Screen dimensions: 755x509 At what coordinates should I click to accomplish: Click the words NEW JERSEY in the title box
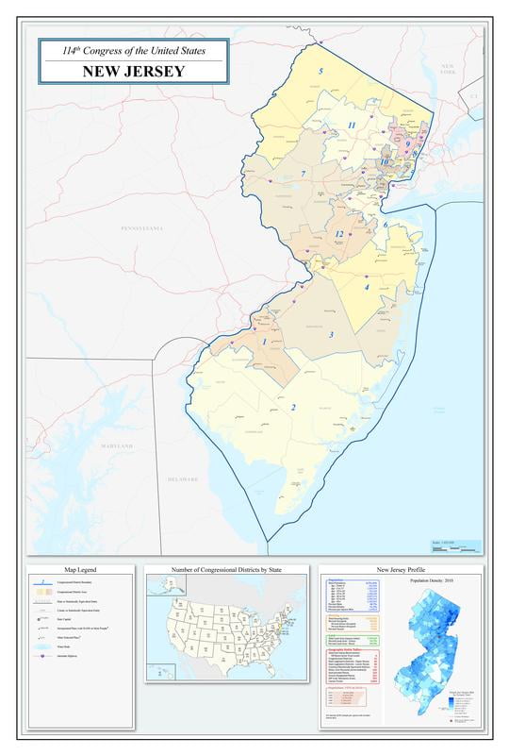click(132, 71)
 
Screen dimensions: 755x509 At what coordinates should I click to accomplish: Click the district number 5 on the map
click(320, 72)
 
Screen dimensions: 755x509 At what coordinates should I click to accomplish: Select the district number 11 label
click(351, 126)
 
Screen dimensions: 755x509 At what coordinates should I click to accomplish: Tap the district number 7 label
click(303, 174)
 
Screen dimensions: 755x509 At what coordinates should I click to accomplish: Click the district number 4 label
click(367, 287)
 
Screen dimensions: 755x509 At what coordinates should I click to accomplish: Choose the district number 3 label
click(331, 335)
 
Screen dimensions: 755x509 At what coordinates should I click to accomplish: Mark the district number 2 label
click(293, 408)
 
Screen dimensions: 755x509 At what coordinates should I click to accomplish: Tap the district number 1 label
click(265, 342)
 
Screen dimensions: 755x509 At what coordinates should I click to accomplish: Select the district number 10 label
click(385, 162)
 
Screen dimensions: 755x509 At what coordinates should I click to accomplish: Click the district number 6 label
click(386, 225)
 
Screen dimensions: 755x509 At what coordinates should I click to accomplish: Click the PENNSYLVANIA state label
click(142, 228)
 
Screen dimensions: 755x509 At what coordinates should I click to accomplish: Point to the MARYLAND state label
click(118, 445)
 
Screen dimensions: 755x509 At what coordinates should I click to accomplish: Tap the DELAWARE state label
click(183, 479)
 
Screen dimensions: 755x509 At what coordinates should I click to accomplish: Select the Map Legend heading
click(80, 570)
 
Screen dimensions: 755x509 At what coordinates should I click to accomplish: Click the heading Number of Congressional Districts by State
click(226, 570)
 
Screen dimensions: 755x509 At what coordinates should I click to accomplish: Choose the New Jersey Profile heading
click(402, 570)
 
